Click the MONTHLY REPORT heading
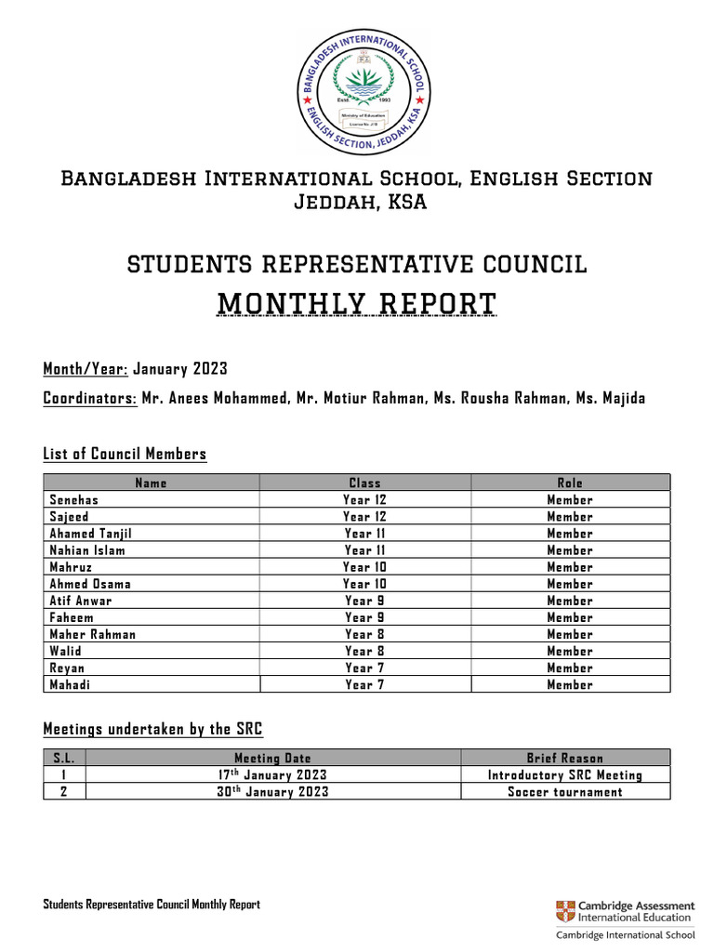pos(357,304)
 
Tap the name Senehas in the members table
pos(73,500)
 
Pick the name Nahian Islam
pos(87,550)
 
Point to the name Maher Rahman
pos(92,634)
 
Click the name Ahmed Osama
pos(90,584)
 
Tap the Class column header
pos(364,483)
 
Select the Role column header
pos(570,483)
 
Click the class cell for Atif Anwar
pos(364,601)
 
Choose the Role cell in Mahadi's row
pos(570,684)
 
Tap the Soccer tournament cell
pos(565,792)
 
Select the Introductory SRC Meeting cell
pos(565,774)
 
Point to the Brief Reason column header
pos(565,759)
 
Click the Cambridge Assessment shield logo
pos(564,911)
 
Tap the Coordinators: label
pos(90,399)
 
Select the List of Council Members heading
pos(125,454)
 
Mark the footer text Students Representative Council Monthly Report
pos(152,905)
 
